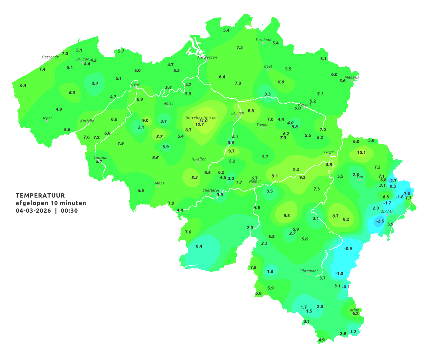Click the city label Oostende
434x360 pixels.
(50, 57)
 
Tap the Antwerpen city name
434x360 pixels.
(207, 57)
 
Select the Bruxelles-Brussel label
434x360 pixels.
(201, 118)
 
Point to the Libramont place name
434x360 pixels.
(309, 271)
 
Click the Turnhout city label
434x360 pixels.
(264, 40)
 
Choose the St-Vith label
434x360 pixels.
(387, 212)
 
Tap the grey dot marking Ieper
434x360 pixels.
(47, 121)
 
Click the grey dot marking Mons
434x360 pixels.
(159, 186)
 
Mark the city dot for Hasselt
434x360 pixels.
(304, 108)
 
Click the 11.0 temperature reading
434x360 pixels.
(203, 121)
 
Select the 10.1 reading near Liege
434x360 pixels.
(361, 152)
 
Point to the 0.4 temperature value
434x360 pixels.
(199, 246)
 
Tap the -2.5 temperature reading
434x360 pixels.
(380, 221)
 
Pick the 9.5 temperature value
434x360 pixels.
(287, 215)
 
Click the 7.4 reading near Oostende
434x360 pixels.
(42, 69)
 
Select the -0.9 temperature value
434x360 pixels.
(348, 248)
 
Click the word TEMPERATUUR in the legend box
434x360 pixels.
(40, 195)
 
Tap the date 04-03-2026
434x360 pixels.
(33, 211)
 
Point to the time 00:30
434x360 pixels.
(69, 211)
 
